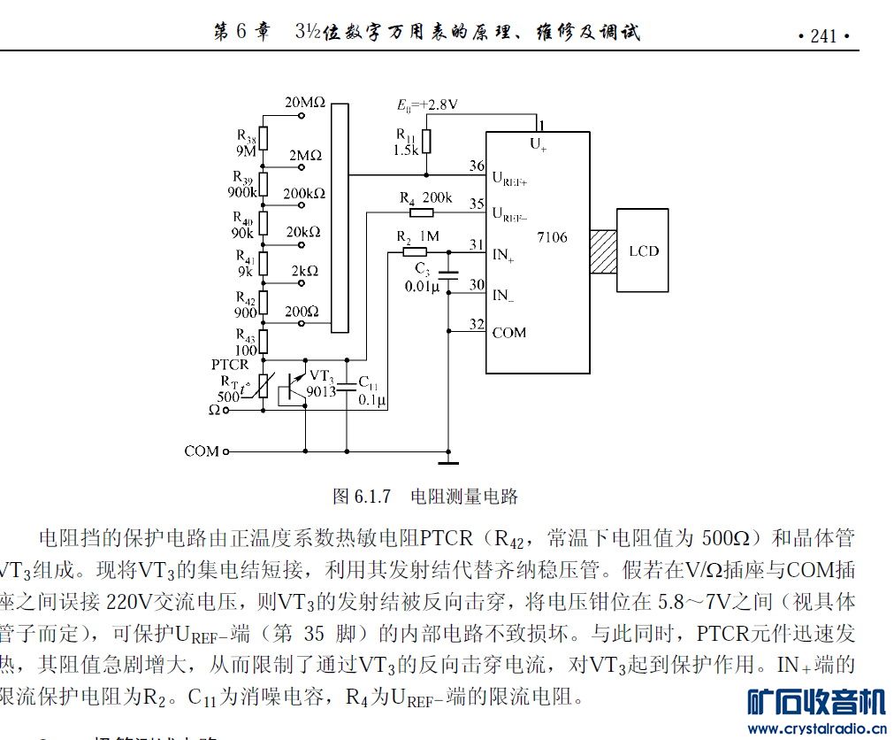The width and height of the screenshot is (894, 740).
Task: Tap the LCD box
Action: click(643, 251)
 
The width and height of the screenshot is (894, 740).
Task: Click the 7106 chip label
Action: click(552, 237)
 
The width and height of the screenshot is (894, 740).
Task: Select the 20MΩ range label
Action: click(305, 103)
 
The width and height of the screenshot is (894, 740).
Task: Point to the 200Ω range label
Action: click(302, 312)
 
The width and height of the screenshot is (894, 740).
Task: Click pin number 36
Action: click(477, 166)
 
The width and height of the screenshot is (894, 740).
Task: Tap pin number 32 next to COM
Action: click(477, 324)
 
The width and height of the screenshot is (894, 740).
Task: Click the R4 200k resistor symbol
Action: click(421, 212)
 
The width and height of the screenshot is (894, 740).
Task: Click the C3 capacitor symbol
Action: click(449, 275)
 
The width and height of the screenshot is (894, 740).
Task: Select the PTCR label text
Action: click(229, 365)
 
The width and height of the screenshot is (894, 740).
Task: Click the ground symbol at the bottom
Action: click(449, 461)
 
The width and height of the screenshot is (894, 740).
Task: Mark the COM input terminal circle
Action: click(226, 451)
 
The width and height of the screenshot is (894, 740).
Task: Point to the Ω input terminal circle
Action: click(226, 411)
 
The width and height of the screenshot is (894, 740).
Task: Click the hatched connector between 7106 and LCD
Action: click(603, 251)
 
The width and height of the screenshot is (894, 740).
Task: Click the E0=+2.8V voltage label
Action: click(427, 104)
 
